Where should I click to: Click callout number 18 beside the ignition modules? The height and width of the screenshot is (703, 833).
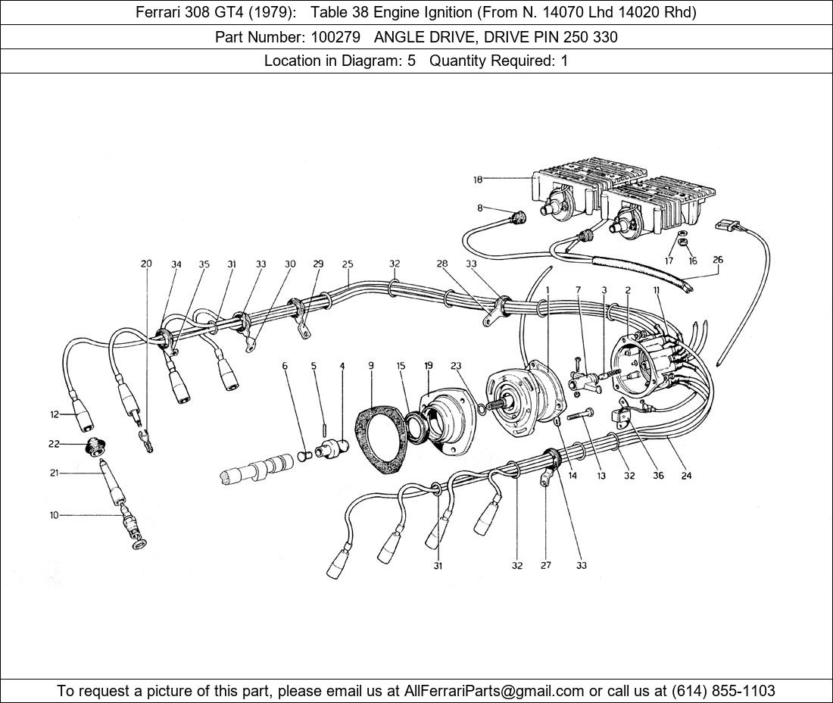(x=478, y=180)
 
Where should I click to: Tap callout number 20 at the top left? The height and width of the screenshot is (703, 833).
(x=146, y=264)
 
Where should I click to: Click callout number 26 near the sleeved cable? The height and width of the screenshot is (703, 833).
(x=718, y=260)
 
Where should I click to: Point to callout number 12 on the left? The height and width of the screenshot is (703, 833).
(x=55, y=414)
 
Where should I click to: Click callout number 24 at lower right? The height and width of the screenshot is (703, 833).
(x=686, y=476)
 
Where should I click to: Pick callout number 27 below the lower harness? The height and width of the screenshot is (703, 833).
(x=545, y=565)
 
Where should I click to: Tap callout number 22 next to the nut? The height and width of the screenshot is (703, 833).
(x=54, y=444)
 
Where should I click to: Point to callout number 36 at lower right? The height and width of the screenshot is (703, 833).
(x=658, y=476)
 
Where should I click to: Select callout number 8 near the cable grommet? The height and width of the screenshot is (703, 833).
(x=479, y=208)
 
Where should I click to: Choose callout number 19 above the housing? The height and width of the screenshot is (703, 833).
(x=429, y=365)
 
